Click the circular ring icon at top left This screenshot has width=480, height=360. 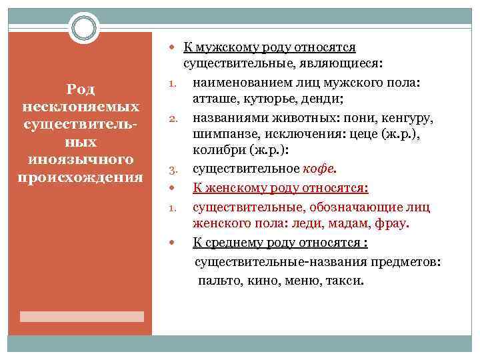pos(83,28)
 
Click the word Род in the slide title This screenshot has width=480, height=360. pos(81,89)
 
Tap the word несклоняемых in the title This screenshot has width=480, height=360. pos(81,107)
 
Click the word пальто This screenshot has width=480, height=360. pos(217,281)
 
